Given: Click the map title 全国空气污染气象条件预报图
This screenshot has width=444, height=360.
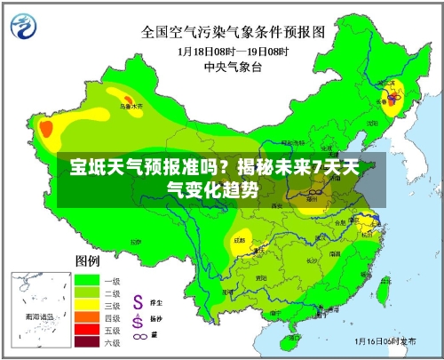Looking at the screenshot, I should [234, 32].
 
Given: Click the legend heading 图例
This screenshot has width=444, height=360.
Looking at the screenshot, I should [87, 260].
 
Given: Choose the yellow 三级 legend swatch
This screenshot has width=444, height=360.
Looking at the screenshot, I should [86, 304].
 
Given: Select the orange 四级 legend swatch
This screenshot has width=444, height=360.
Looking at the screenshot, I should [86, 316].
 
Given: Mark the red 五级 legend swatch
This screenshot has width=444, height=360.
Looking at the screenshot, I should [86, 329].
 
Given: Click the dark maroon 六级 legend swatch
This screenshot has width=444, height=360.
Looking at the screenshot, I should [86, 341].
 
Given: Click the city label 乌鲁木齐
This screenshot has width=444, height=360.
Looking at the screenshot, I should [131, 105].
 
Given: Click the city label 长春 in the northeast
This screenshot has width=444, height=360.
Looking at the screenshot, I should [392, 101].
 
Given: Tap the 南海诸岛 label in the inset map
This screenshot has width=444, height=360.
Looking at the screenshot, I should [38, 316].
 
